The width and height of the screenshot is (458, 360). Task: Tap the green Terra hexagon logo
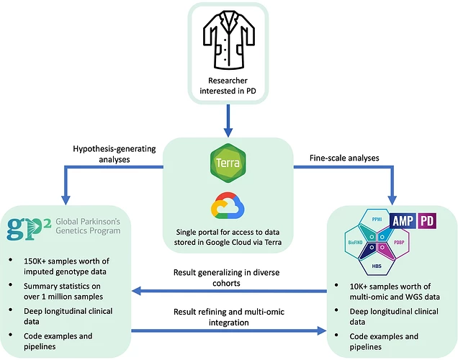[x=228, y=164]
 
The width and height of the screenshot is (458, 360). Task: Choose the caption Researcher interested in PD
[x=228, y=84]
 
